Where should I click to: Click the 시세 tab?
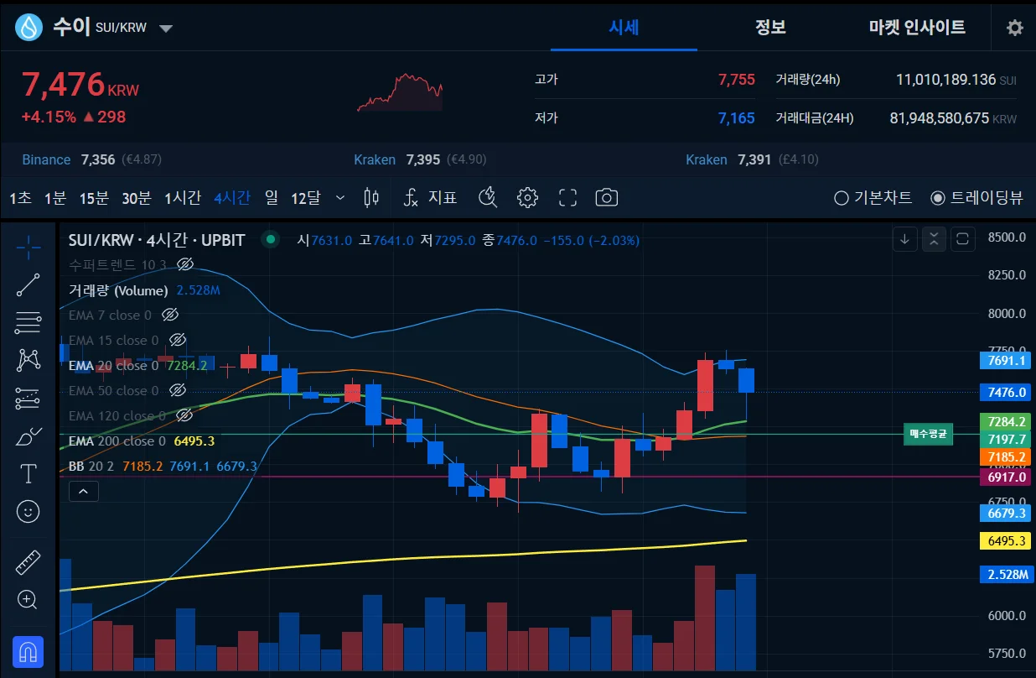click(624, 27)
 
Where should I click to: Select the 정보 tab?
click(770, 27)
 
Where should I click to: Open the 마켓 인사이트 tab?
click(917, 27)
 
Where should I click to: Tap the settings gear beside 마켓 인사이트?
click(1014, 28)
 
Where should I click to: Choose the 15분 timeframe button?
click(94, 198)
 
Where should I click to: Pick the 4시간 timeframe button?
click(231, 198)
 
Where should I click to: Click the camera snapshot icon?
click(606, 198)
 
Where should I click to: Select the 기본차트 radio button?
click(842, 198)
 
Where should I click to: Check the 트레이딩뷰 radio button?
click(938, 198)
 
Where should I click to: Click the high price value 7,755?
click(736, 80)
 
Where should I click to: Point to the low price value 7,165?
click(736, 118)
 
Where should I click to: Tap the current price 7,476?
click(63, 85)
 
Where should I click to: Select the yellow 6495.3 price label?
click(1004, 541)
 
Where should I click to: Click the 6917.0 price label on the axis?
click(1004, 477)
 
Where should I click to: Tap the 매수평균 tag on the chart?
click(928, 434)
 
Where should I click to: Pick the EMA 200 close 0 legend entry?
click(117, 441)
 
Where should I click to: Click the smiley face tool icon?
click(28, 510)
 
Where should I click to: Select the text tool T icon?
click(28, 473)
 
